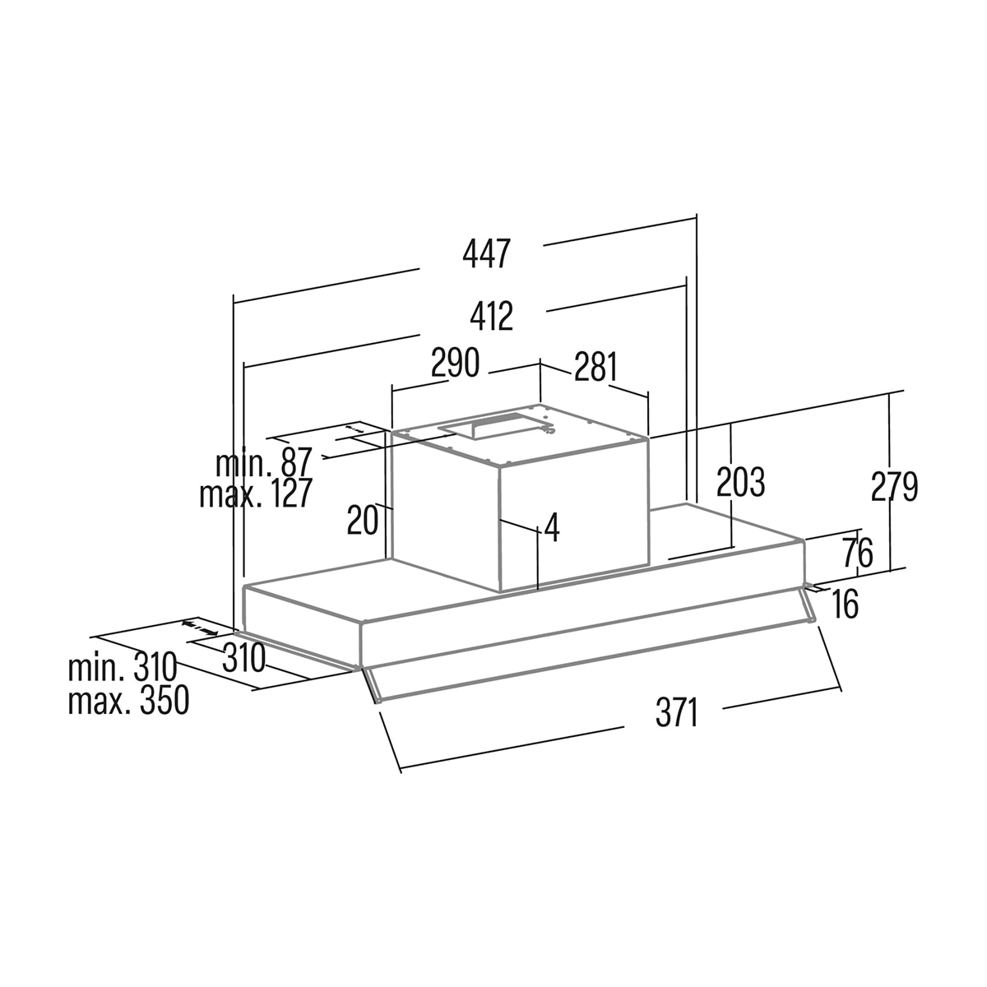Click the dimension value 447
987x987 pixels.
[x=487, y=254]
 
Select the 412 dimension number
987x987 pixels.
[x=492, y=316]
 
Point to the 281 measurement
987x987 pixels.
[x=595, y=366]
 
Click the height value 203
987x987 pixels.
[x=740, y=481]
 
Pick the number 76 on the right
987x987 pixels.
[x=857, y=554]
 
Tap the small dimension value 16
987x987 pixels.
[x=845, y=604]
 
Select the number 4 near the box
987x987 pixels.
[x=552, y=527]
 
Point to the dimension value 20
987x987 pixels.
[x=363, y=520]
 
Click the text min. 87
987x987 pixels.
[x=263, y=462]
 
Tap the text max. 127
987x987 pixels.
[x=255, y=493]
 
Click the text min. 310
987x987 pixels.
[x=123, y=668]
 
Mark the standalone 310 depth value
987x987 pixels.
[x=243, y=658]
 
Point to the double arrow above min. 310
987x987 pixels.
[x=200, y=628]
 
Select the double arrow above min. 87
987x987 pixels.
[x=354, y=428]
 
